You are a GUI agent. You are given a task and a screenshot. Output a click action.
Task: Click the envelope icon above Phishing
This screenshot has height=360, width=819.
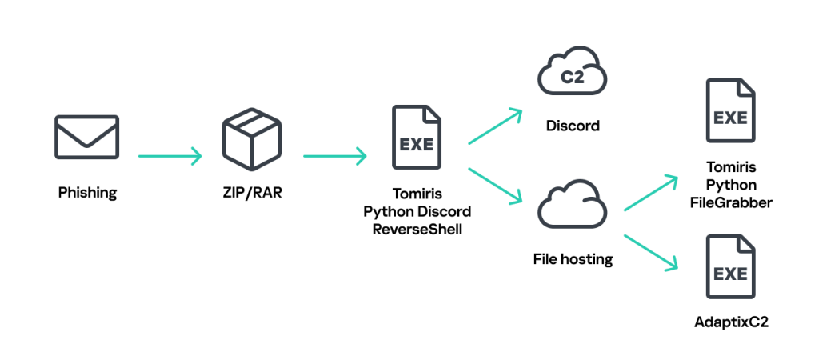coord(87,137)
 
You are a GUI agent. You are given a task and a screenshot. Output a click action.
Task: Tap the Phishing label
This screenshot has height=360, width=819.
coord(87,193)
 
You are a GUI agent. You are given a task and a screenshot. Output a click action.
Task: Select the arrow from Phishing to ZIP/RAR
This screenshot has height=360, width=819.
coord(170,155)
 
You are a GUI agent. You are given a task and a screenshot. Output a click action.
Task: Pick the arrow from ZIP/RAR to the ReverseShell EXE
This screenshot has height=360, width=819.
coord(335,155)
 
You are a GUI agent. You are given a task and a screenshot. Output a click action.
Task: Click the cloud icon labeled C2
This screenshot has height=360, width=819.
coord(572,78)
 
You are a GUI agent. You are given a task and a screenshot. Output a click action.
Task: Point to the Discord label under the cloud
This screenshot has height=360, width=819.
coord(573,126)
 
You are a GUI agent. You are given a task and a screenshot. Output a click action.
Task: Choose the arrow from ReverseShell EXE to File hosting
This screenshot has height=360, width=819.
coord(495,184)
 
